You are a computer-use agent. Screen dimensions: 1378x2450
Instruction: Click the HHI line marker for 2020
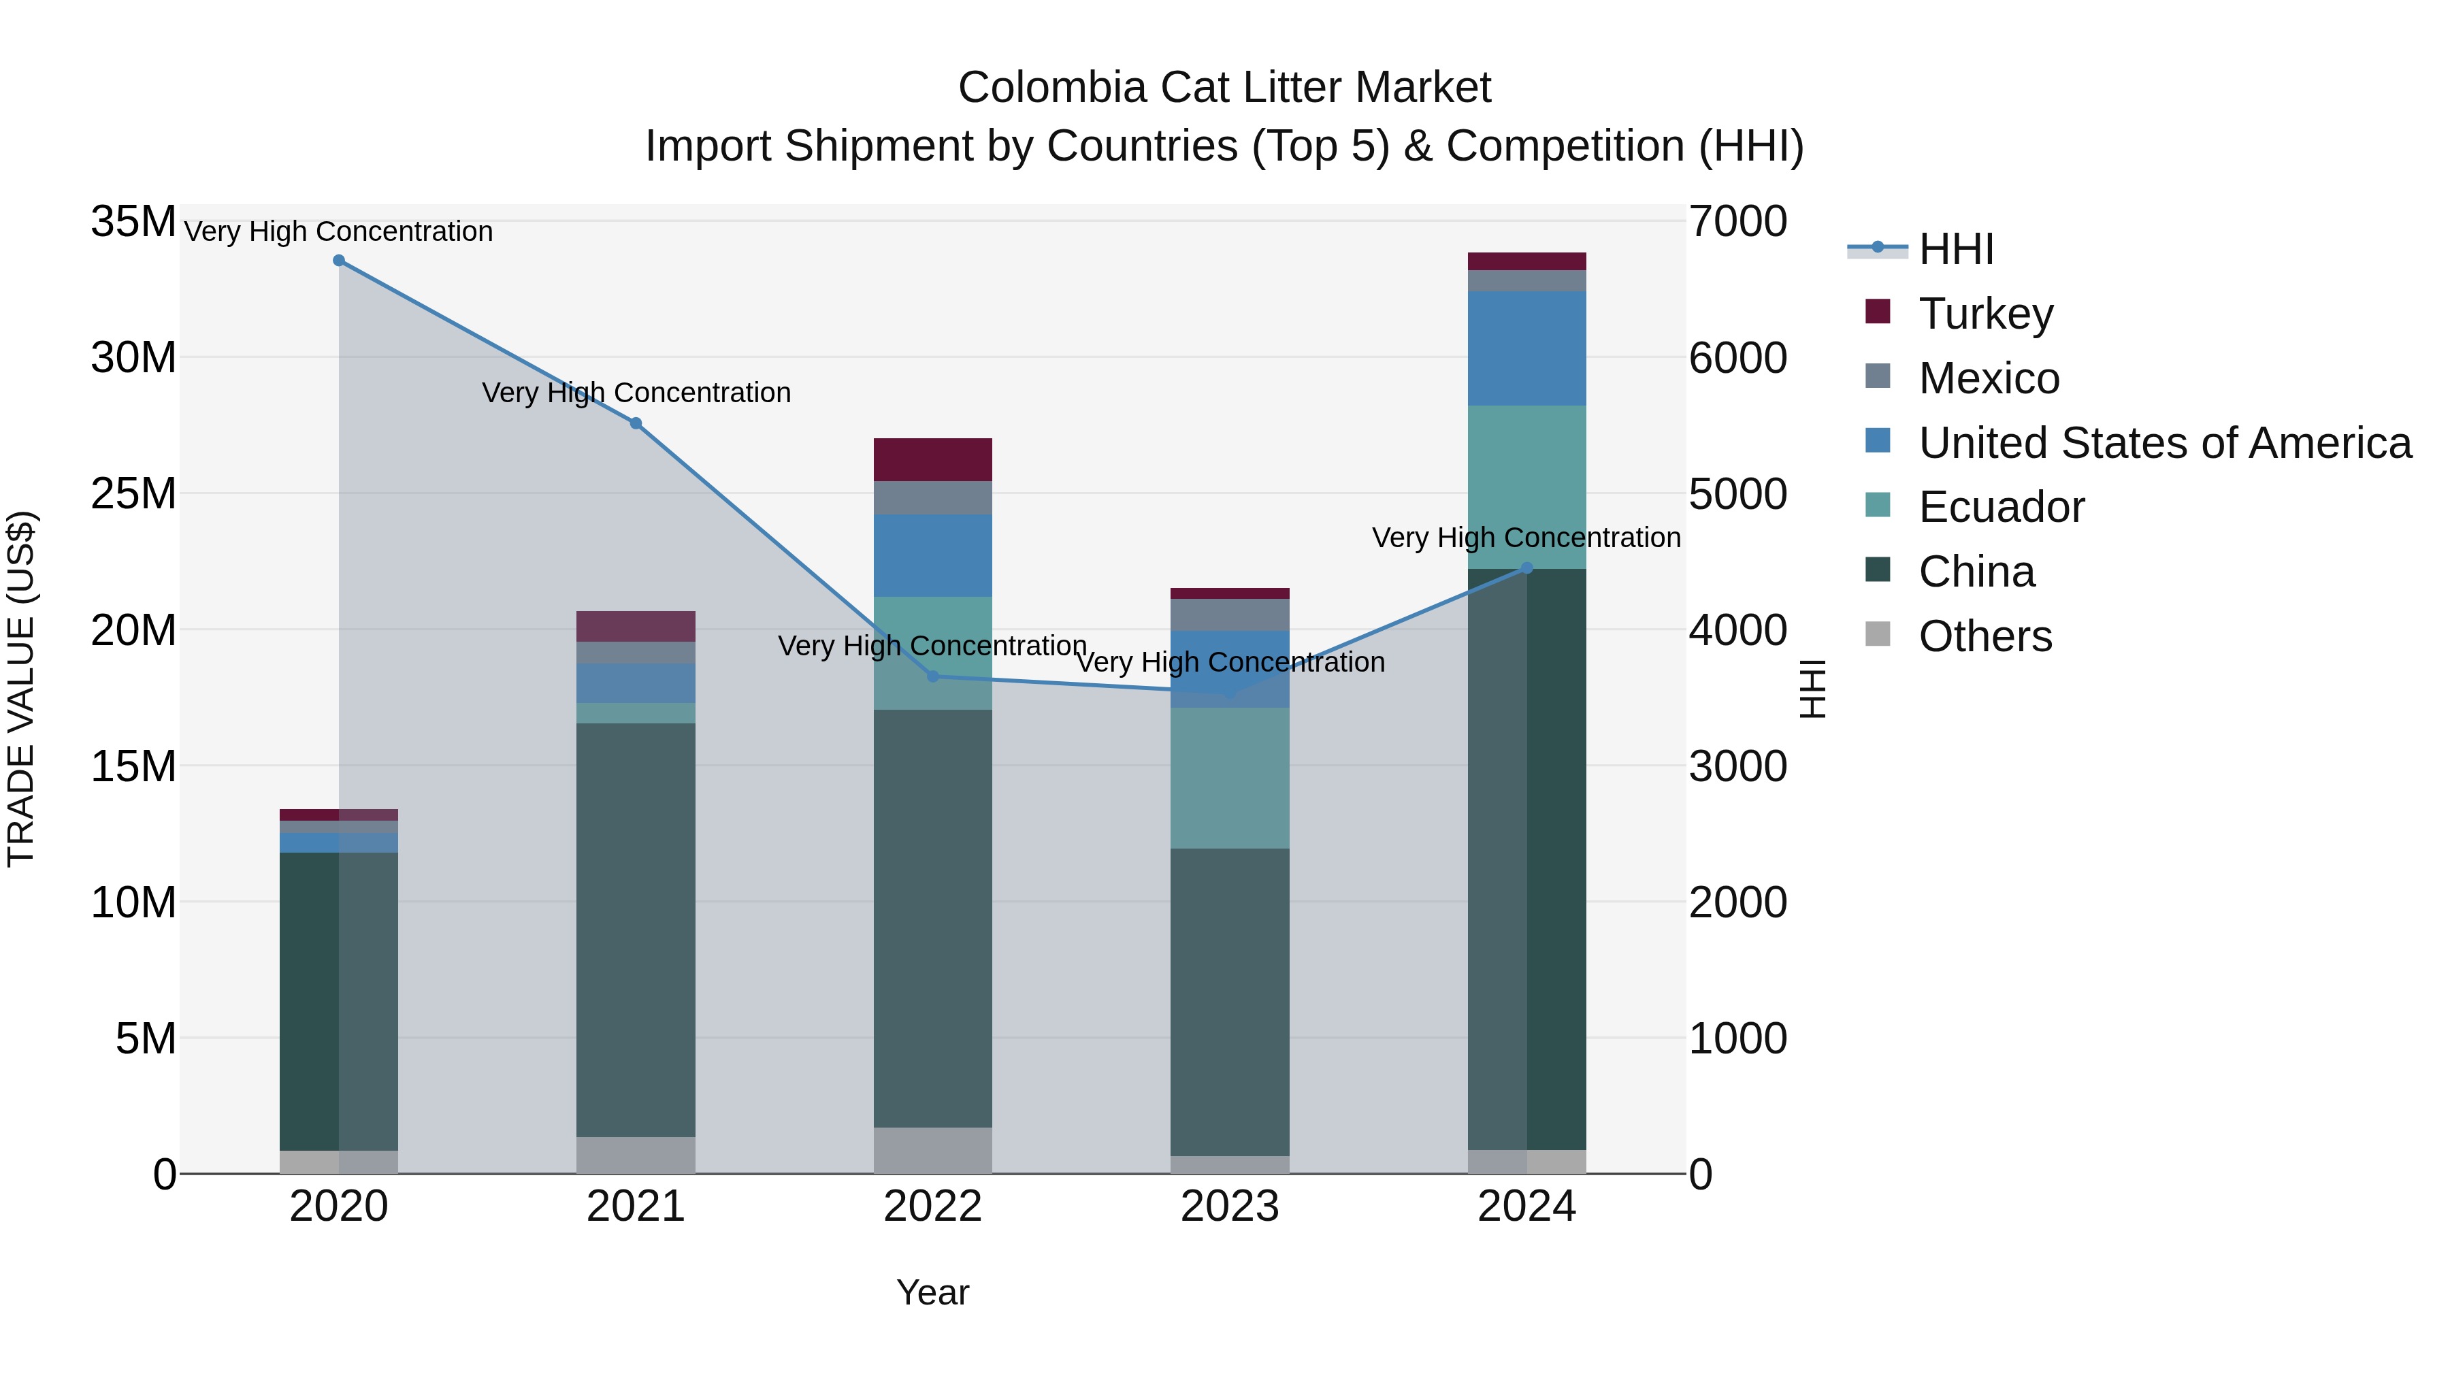(x=339, y=261)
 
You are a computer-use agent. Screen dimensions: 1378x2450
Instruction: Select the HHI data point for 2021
(x=636, y=423)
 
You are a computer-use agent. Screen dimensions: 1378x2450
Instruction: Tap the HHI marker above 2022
(x=932, y=676)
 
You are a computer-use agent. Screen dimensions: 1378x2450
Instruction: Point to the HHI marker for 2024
(x=1526, y=568)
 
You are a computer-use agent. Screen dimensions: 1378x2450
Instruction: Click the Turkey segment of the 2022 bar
(x=932, y=459)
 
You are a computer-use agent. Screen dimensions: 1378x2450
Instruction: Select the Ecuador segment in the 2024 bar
(x=1526, y=487)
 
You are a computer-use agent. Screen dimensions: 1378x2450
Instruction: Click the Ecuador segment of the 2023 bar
(x=1229, y=778)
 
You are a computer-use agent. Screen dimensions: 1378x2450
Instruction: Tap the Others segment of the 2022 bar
(x=932, y=1150)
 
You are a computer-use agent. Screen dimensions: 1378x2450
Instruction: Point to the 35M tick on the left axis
(x=133, y=222)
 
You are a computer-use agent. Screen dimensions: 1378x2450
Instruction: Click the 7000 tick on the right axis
(x=1737, y=222)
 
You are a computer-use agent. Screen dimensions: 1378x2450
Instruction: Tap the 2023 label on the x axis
(x=1229, y=1207)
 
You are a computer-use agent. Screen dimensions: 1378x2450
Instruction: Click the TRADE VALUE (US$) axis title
(x=22, y=689)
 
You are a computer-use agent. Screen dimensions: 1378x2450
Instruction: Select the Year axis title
(x=932, y=1292)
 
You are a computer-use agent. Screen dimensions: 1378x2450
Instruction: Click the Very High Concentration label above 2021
(x=636, y=392)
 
